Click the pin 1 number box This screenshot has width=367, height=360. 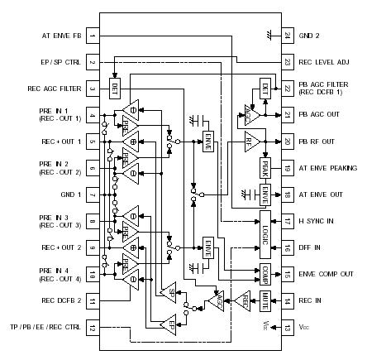(x=93, y=36)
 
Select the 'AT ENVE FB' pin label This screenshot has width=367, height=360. (x=61, y=36)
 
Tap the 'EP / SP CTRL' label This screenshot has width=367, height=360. (x=60, y=63)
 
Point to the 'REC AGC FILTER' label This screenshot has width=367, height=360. (x=55, y=89)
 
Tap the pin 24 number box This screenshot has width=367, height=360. (x=287, y=36)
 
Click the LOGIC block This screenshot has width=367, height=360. (x=265, y=221)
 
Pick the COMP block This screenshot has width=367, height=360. (x=265, y=273)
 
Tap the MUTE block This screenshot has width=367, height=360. (x=265, y=299)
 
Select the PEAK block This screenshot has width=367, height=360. (x=265, y=168)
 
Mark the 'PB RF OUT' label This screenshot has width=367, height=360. (x=320, y=142)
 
